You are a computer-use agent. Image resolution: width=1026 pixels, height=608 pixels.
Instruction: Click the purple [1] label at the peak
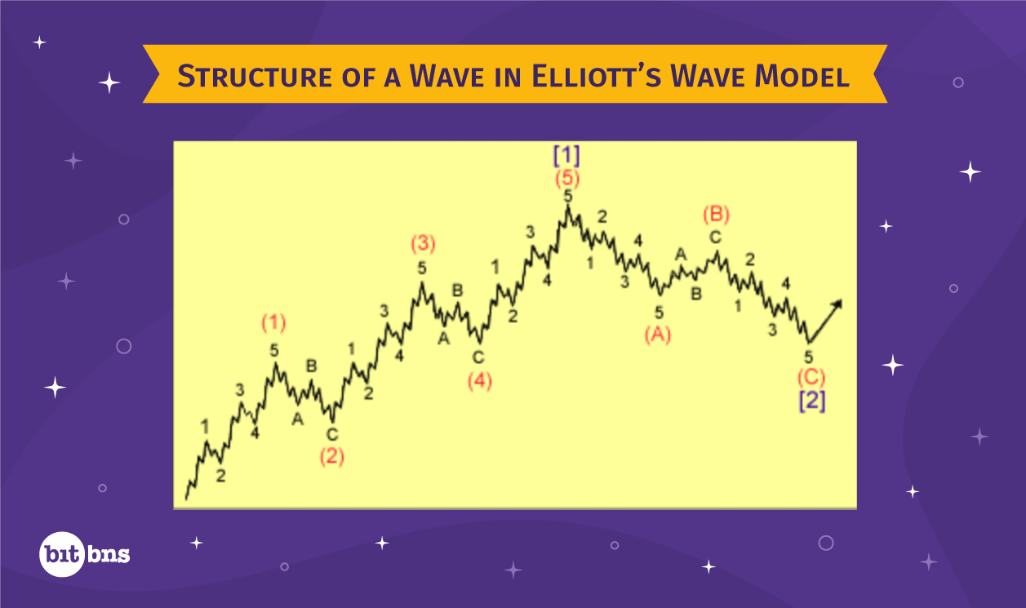pos(566,156)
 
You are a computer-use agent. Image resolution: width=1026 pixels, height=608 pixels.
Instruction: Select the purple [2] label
pos(812,401)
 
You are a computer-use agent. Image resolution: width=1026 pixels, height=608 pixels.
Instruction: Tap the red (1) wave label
pos(274,323)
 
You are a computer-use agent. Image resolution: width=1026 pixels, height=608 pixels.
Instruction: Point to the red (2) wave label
pos(332,456)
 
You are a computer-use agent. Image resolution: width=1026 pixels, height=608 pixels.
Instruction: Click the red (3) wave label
pos(423,243)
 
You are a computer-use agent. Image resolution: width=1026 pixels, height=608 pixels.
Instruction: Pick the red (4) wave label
pos(480,381)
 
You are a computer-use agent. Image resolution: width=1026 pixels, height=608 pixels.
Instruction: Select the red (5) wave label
pos(567,179)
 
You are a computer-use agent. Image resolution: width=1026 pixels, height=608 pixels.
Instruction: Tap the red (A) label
pos(658,335)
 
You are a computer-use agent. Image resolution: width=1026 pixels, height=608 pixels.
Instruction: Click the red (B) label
pos(717,215)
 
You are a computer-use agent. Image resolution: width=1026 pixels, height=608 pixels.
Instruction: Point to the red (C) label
pos(811,378)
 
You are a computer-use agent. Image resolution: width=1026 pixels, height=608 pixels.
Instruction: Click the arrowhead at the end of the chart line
pos(837,303)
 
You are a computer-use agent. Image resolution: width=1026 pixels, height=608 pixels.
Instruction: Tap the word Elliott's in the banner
pos(597,76)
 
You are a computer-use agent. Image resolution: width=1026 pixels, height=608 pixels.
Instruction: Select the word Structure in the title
pos(255,76)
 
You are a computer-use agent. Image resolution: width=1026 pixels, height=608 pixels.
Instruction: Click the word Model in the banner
pos(802,76)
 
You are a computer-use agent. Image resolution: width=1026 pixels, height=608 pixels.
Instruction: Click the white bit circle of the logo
pos(62,554)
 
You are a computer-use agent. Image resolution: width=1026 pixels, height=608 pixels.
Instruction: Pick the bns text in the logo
pos(109,554)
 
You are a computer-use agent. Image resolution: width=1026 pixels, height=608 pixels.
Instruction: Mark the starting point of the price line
pos(186,499)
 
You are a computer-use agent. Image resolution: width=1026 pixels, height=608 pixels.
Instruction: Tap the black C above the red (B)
pos(716,237)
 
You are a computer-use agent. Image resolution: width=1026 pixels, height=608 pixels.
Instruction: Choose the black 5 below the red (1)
pos(274,351)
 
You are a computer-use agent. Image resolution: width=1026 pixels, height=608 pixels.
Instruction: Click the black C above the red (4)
pos(478,357)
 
